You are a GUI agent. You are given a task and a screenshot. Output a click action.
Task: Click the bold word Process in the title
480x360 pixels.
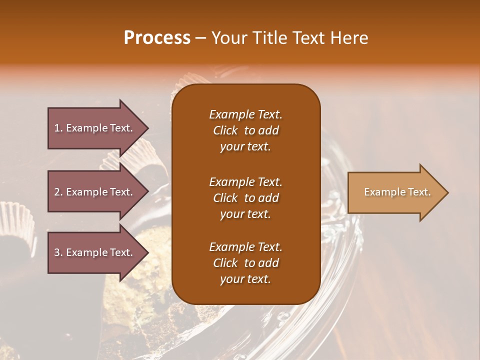coord(157,38)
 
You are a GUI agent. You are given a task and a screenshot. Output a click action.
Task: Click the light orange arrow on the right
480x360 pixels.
coord(395,192)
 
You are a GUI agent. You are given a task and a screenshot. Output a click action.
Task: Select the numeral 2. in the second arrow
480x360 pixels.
coord(58,192)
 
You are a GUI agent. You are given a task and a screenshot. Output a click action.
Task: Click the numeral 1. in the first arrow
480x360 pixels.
coord(58,128)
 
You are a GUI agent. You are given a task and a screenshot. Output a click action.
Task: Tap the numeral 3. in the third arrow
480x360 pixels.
coord(58,252)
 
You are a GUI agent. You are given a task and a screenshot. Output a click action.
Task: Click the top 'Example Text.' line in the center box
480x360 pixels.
coord(245,114)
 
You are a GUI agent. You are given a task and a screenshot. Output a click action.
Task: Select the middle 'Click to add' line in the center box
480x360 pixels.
coord(245,198)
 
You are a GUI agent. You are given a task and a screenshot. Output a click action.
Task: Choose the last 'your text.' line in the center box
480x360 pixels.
coord(245,279)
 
